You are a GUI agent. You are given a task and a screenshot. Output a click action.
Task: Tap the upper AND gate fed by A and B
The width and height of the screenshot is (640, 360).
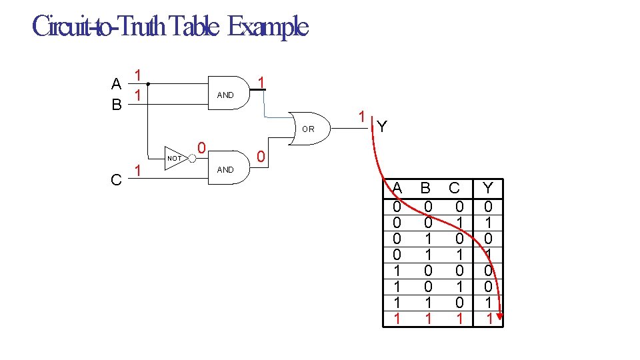227,95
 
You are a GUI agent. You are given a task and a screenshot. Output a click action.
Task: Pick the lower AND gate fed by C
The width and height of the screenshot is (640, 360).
227,169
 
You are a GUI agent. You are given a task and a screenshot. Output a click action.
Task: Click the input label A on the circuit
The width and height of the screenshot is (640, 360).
116,84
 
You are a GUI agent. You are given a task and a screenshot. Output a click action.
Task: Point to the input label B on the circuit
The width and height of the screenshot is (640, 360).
116,105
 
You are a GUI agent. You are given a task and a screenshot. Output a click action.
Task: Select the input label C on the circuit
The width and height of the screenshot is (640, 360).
116,179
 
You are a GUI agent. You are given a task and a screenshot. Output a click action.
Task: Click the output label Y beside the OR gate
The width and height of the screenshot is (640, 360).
381,126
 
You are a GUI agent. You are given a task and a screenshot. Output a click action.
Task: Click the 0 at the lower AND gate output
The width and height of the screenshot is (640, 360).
261,157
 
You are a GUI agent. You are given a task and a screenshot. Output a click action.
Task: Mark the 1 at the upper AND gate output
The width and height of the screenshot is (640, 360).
262,82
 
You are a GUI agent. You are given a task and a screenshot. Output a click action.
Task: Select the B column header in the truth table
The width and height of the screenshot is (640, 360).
427,189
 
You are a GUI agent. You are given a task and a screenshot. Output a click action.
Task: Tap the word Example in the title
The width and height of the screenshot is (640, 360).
267,27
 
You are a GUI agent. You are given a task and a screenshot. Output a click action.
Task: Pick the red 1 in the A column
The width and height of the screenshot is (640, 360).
397,319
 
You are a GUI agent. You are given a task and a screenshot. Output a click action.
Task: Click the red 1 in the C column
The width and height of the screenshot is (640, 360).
459,319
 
